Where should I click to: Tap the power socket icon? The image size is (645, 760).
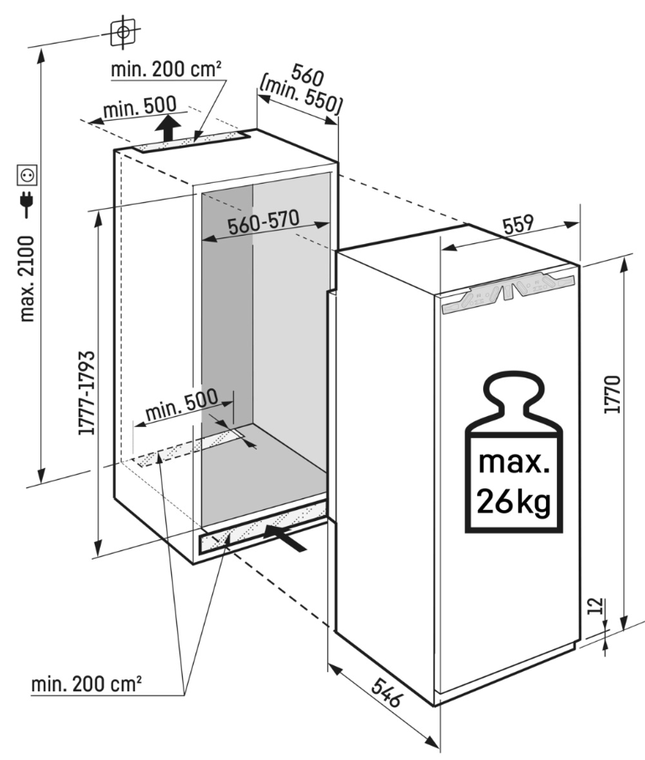click(x=27, y=175)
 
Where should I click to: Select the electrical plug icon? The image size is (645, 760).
click(x=27, y=204)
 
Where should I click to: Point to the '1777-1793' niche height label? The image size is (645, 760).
click(x=85, y=393)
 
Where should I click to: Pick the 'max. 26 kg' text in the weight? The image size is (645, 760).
click(x=512, y=482)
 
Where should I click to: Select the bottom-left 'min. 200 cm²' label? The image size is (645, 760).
click(x=86, y=685)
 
